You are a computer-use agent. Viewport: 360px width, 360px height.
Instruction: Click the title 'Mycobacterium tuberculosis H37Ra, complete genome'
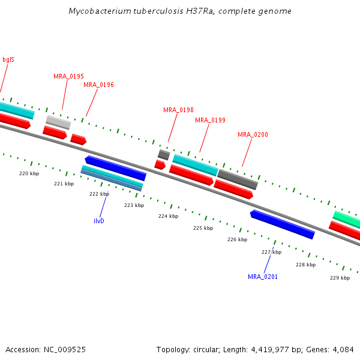tap(180, 11)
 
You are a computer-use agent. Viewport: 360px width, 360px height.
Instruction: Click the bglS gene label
tap(8, 59)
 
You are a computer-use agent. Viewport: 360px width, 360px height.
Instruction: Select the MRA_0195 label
tap(68, 76)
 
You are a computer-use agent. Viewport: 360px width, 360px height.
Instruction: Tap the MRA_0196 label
tap(98, 85)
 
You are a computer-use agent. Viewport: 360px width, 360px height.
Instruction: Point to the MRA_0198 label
tap(178, 110)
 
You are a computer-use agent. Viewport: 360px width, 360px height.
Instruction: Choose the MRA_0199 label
tap(210, 120)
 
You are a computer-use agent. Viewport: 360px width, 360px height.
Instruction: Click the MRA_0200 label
tap(253, 134)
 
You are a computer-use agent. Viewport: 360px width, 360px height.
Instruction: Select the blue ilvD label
tap(100, 221)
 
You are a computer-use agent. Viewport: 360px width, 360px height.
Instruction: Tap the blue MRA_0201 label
tap(263, 277)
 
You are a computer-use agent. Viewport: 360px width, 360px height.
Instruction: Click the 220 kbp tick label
tap(29, 173)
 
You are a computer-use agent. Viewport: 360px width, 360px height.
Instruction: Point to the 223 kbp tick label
tap(134, 205)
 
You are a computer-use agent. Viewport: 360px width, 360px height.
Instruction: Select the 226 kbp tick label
tap(237, 239)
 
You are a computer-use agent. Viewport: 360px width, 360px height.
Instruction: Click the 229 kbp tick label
tap(340, 278)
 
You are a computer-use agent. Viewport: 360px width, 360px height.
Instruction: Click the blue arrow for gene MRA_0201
tap(282, 224)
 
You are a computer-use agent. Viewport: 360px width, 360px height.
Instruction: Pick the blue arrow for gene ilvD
tap(115, 167)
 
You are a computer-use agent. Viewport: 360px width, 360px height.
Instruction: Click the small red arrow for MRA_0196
tap(78, 139)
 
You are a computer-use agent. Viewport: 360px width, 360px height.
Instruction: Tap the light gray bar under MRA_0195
tap(58, 122)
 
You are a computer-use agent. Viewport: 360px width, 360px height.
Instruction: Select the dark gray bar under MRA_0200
tap(238, 179)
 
